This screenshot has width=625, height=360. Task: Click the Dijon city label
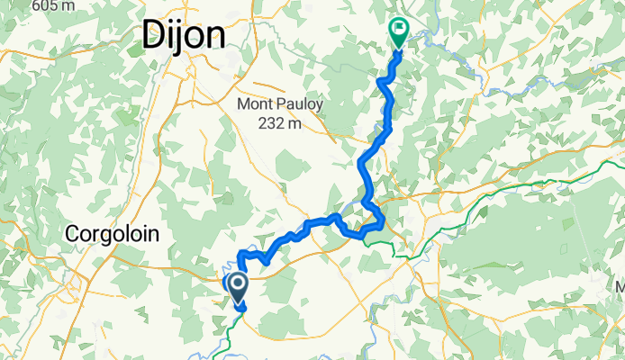(182, 36)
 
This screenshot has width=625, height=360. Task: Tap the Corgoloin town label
(113, 234)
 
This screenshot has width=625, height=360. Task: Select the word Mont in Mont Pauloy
(255, 105)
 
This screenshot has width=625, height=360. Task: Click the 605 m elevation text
(52, 5)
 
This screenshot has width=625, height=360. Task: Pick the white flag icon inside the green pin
(397, 30)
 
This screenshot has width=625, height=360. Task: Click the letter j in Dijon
(180, 38)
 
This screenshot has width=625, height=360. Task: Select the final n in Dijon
(214, 38)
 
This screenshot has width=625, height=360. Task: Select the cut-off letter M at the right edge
(620, 286)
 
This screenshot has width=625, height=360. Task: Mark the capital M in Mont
(243, 105)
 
